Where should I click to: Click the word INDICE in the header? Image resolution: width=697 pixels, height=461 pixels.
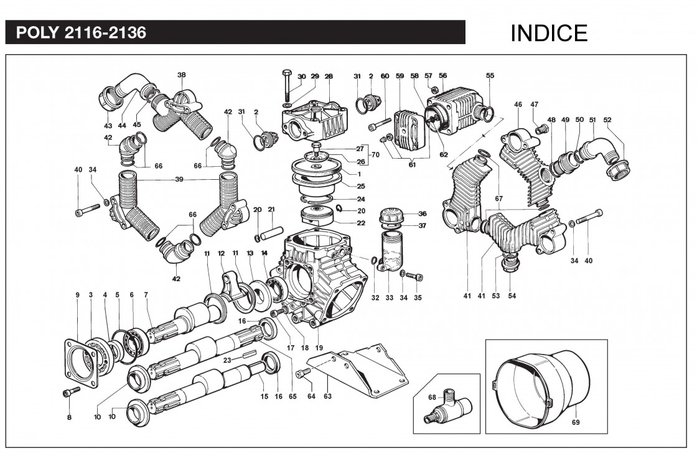click(x=549, y=33)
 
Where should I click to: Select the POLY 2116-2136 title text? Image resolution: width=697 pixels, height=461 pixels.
click(x=82, y=33)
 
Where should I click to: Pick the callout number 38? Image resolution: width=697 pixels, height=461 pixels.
click(x=181, y=75)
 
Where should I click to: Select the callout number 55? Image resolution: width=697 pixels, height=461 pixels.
click(x=490, y=76)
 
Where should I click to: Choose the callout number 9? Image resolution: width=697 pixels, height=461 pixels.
click(x=78, y=294)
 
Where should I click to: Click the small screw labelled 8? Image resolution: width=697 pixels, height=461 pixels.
click(x=72, y=393)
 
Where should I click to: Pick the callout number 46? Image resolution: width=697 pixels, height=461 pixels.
click(x=518, y=105)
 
